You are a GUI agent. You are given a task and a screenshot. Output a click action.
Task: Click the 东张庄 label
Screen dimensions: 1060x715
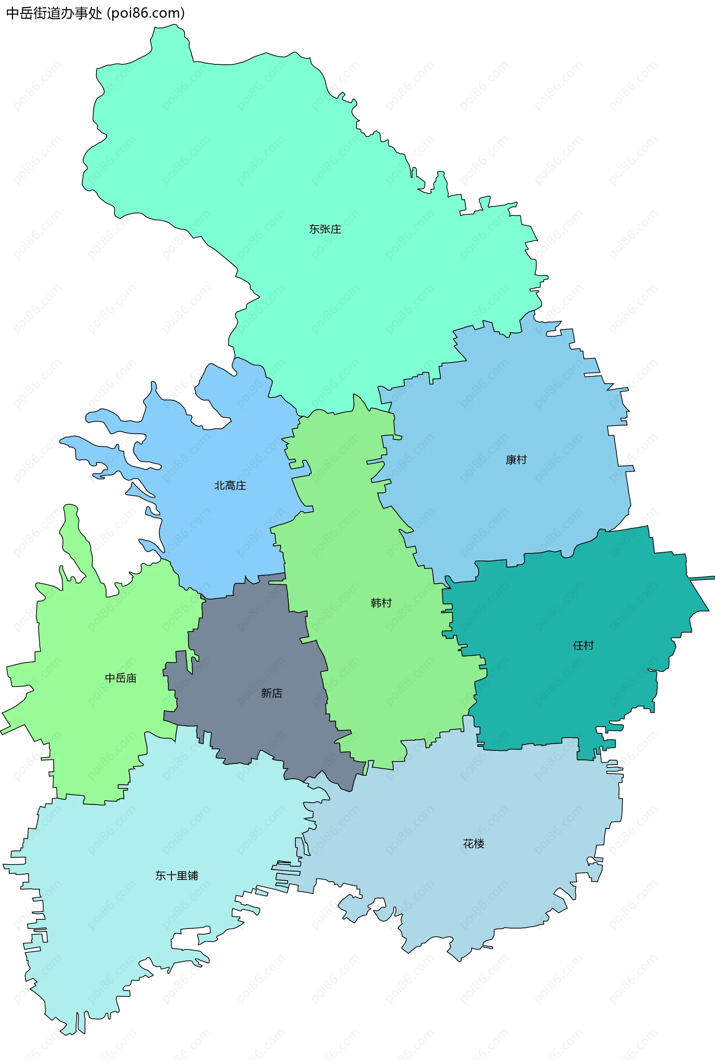[x=325, y=229]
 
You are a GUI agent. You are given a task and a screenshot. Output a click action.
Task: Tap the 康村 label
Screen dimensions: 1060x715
[x=516, y=460]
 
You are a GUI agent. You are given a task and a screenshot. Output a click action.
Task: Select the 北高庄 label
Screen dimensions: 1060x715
[x=230, y=485]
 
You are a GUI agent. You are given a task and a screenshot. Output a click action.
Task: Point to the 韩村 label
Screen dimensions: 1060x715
[x=381, y=603]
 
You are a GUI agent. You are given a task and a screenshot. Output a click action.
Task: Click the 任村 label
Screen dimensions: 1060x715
[x=583, y=645]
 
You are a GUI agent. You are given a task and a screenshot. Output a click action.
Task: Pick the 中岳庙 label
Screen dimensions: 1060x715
[x=120, y=678]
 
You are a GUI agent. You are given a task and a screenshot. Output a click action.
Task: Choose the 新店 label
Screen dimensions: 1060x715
[x=271, y=693]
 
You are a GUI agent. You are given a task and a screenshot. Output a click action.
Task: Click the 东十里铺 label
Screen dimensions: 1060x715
[x=177, y=875]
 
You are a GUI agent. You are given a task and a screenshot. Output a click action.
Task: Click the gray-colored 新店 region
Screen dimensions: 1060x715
[x=246, y=647]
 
